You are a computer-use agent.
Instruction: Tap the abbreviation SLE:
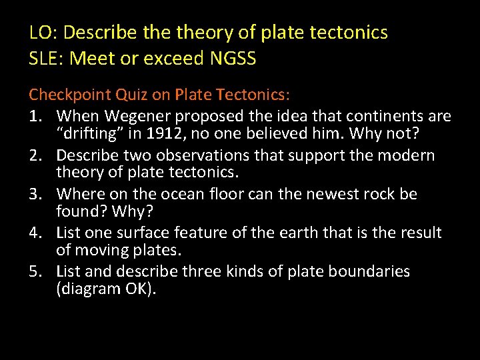coord(47,59)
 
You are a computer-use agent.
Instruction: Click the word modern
coord(410,155)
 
